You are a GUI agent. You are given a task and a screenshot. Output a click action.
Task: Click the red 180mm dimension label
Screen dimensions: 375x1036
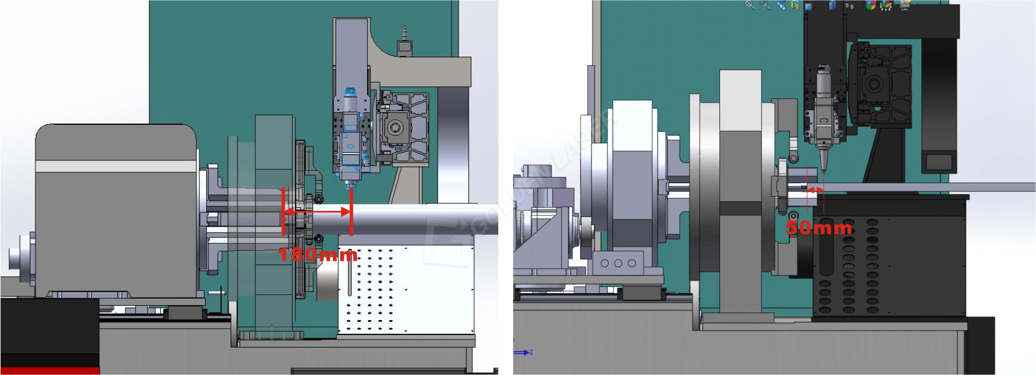tap(318, 254)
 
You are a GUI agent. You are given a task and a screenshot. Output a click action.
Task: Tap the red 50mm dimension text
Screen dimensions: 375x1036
tap(818, 228)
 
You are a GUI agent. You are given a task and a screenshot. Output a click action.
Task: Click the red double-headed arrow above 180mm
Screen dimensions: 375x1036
tap(317, 212)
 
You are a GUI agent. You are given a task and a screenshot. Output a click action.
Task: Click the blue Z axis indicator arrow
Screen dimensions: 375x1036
tap(521, 353)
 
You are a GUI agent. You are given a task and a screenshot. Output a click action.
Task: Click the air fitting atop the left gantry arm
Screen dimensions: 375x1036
tap(405, 40)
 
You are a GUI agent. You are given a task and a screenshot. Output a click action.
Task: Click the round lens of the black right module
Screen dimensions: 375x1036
tap(874, 84)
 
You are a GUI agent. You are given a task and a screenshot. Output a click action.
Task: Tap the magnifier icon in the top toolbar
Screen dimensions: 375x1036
tap(750, 5)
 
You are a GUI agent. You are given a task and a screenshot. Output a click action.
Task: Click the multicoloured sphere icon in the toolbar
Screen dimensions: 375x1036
tap(870, 6)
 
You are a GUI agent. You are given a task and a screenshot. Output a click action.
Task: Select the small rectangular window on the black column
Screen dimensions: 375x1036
tap(939, 161)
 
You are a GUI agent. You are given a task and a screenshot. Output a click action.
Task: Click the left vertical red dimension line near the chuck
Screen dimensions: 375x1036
tap(283, 212)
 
